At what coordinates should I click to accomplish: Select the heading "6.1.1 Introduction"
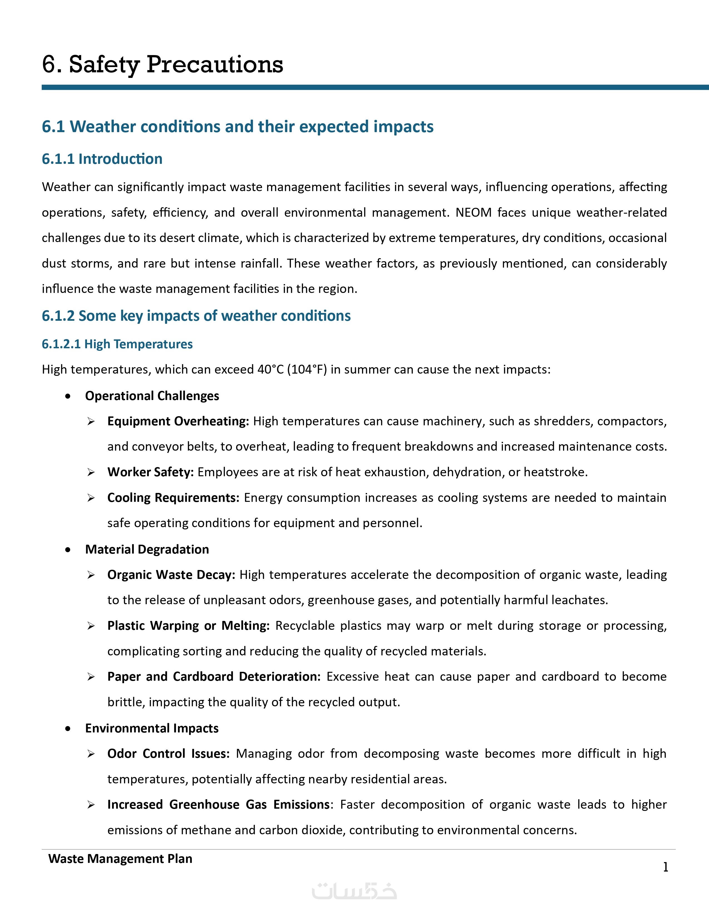coord(102,159)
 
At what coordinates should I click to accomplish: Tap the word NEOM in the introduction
coord(474,212)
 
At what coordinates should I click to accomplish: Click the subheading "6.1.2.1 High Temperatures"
coord(117,344)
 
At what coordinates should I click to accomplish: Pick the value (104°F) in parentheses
coord(307,369)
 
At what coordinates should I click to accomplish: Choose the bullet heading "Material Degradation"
coord(147,549)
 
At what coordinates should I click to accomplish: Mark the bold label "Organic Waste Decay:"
coord(171,575)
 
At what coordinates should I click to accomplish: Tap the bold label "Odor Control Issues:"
coord(168,754)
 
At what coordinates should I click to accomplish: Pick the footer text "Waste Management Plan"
coord(120,859)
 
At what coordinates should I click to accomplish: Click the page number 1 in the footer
coord(665,867)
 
